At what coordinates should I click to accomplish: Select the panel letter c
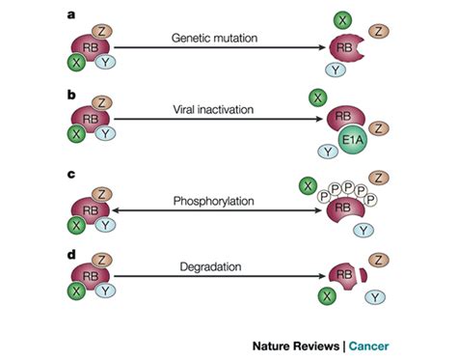[x=67, y=176]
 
